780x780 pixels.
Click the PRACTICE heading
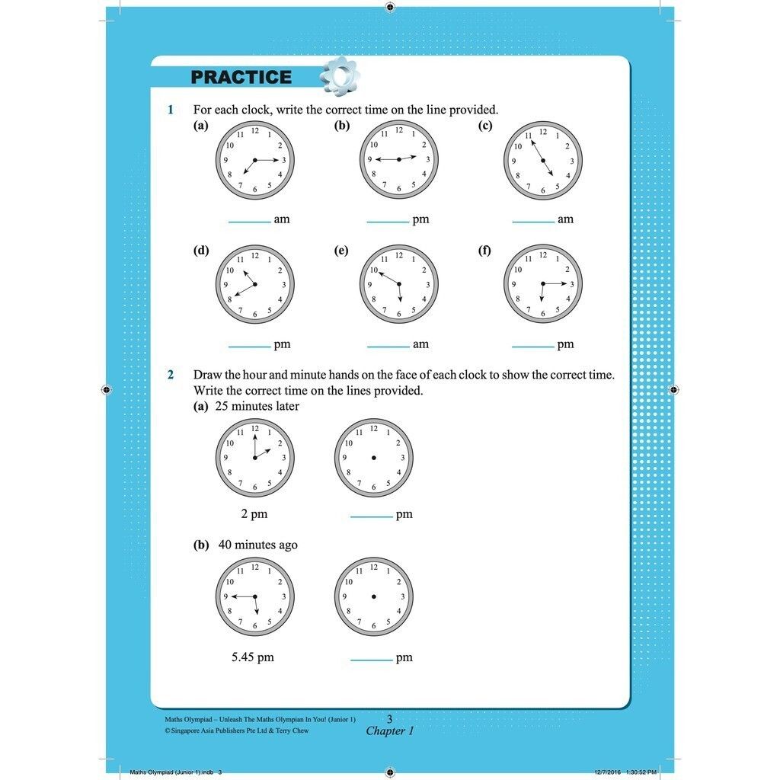241,77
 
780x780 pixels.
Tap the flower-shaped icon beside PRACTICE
339,75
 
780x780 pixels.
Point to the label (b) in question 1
342,126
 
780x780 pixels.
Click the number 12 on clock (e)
398,255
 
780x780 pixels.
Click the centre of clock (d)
254,285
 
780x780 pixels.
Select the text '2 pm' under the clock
254,514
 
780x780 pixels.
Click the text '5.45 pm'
253,657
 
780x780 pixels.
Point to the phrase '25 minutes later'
257,406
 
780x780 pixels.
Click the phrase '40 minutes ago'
257,545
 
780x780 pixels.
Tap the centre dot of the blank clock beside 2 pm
373,458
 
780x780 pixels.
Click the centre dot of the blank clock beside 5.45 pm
373,597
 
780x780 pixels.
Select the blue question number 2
171,375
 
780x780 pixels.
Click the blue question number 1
171,110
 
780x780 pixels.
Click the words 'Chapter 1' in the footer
390,731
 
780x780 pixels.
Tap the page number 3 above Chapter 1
389,718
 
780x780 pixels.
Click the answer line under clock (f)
532,347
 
